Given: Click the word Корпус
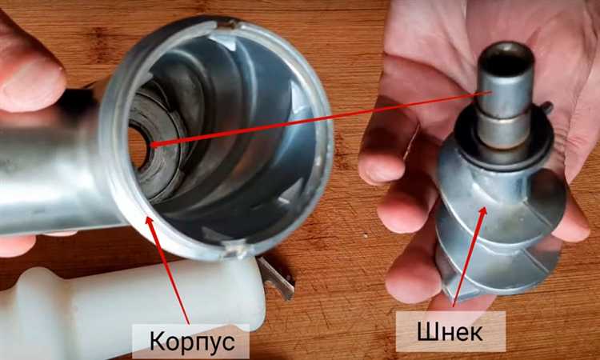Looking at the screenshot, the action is (x=192, y=342).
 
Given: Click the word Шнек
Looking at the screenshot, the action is (x=450, y=332).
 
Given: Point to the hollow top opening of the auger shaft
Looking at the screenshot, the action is (x=506, y=60).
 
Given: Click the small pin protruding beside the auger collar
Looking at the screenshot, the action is (x=547, y=107).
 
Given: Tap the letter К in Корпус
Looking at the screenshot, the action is (x=157, y=342).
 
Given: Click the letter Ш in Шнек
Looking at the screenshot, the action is (x=426, y=332).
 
